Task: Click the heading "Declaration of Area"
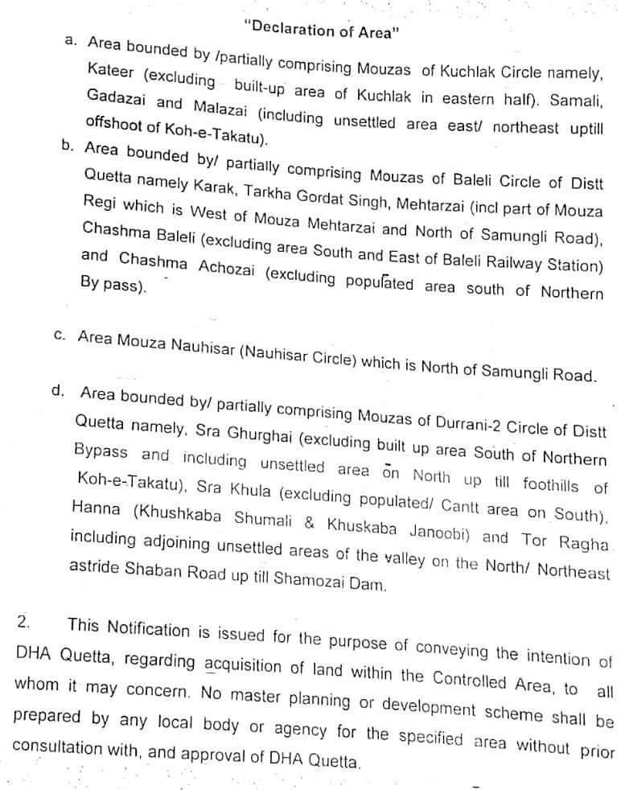(321, 30)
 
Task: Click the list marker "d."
(57, 390)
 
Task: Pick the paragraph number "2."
(25, 622)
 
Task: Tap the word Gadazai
(116, 101)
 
